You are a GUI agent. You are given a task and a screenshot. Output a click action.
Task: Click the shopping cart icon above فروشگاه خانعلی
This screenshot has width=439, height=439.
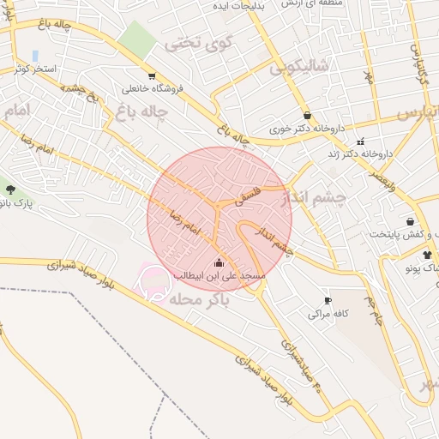coord(152,75)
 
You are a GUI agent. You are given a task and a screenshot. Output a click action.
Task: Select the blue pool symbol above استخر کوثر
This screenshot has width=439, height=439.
coord(35,55)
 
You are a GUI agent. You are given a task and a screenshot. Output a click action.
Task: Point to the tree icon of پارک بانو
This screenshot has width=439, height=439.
coord(10,189)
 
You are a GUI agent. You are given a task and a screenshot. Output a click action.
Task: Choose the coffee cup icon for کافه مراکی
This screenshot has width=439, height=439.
coord(328,300)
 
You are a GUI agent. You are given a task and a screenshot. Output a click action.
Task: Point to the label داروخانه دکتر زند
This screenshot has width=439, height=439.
coord(359,153)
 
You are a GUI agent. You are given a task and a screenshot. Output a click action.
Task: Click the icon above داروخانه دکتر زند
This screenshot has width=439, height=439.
coord(360,141)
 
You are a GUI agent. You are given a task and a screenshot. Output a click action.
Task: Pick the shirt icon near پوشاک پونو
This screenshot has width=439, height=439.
coord(427,255)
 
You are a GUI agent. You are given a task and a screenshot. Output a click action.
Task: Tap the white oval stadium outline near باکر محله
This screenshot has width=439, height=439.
coord(153,280)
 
